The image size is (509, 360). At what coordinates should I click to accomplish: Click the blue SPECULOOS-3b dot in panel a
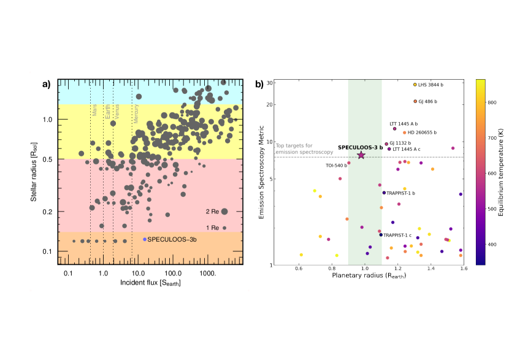[x=145, y=239]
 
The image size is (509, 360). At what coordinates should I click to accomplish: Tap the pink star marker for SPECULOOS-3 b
[x=361, y=155]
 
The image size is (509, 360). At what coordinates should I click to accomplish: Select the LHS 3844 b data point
[x=415, y=85]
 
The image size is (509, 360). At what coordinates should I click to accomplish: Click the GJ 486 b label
[x=432, y=101]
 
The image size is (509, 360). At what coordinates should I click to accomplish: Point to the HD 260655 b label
[x=423, y=132]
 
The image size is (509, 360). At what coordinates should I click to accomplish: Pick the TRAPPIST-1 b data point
[x=384, y=193]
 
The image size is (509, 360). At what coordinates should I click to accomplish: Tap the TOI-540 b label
[x=336, y=165]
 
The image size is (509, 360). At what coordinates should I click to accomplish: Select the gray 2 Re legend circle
[x=224, y=212]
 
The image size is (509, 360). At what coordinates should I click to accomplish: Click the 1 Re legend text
[x=212, y=228]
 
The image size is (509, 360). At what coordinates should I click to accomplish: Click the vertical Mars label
[x=94, y=109]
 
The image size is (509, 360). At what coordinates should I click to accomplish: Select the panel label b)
[x=260, y=85]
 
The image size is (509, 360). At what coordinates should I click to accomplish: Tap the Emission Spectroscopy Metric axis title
[x=261, y=172]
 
